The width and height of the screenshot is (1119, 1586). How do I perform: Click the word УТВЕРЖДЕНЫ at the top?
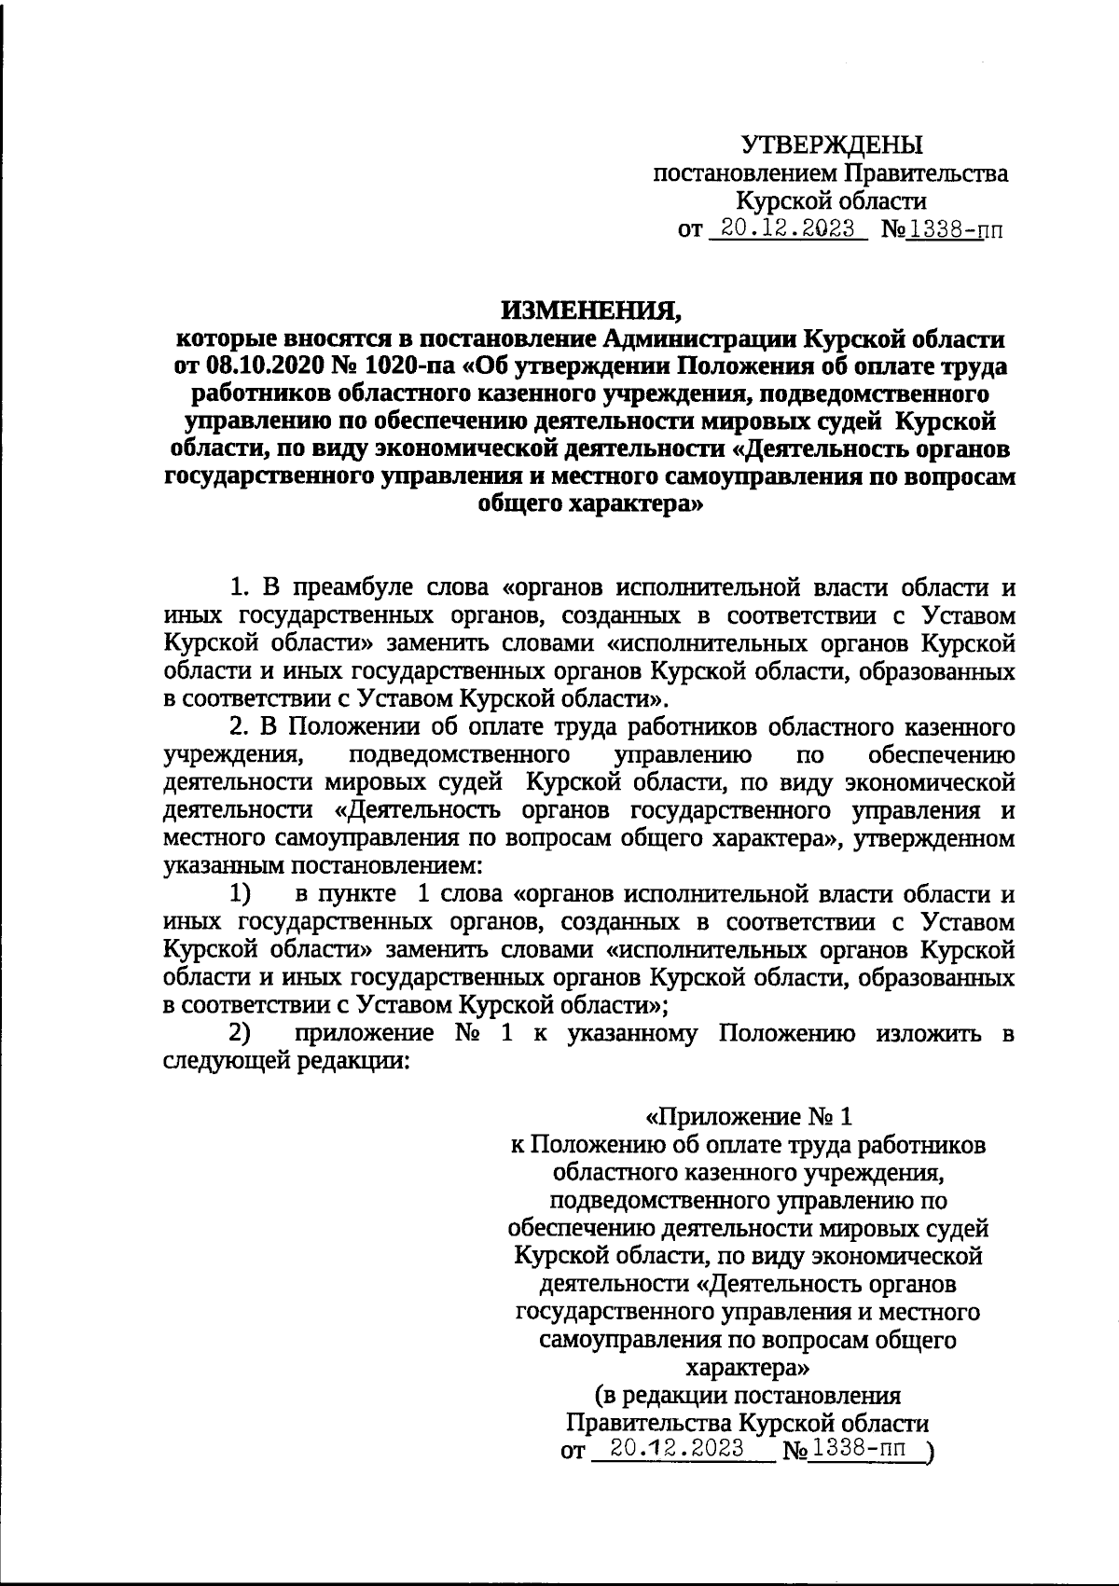coord(832,145)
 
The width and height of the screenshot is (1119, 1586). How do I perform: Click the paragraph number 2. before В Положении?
coord(241,725)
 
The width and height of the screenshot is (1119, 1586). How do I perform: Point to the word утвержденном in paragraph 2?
coord(944,838)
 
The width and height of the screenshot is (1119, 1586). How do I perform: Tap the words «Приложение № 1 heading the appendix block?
coord(750,1116)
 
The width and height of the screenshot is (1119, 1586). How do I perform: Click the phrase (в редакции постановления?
coord(748,1396)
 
